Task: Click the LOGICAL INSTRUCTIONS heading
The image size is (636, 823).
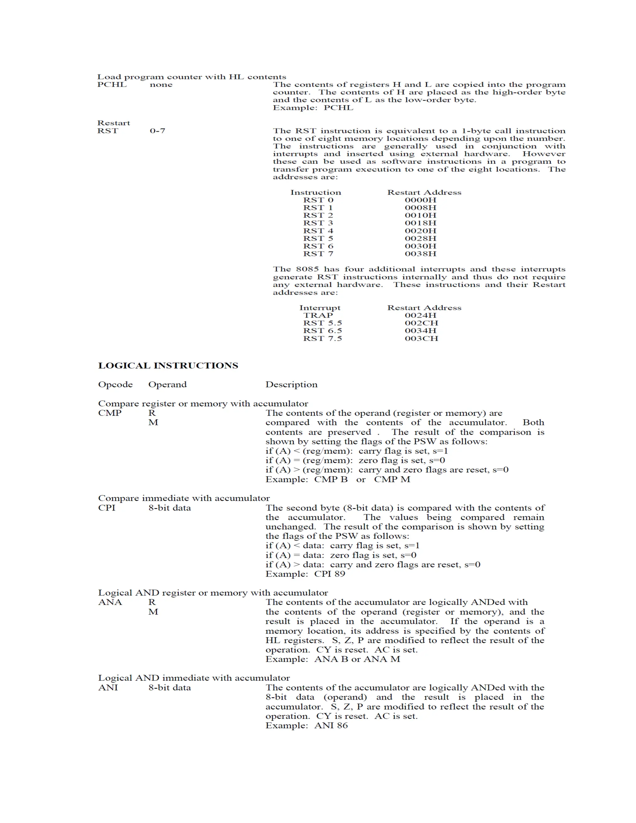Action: tap(168, 366)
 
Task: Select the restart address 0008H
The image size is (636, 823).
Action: tap(420, 208)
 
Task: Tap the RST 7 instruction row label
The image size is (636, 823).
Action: tap(318, 254)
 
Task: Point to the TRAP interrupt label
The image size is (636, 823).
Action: tap(318, 316)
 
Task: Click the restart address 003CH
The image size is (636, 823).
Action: tap(421, 339)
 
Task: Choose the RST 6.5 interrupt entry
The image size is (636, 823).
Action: tap(323, 330)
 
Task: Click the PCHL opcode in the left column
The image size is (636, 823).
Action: tap(112, 84)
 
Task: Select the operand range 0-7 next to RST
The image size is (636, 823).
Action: tap(157, 131)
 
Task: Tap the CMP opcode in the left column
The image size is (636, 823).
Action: tap(110, 413)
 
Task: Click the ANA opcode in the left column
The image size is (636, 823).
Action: tap(110, 602)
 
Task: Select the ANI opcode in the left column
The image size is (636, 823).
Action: tap(108, 687)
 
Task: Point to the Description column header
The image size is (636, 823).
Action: tap(291, 384)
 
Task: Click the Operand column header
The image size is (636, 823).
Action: tap(167, 384)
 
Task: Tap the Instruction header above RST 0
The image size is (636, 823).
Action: tap(316, 192)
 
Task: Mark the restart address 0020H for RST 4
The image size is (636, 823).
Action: tap(420, 231)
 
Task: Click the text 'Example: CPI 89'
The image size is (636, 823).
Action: tap(305, 574)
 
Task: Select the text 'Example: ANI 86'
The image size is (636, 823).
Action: tap(306, 725)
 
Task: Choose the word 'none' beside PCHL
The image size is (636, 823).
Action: tap(161, 84)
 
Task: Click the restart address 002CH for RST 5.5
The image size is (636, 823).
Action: tap(421, 323)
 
